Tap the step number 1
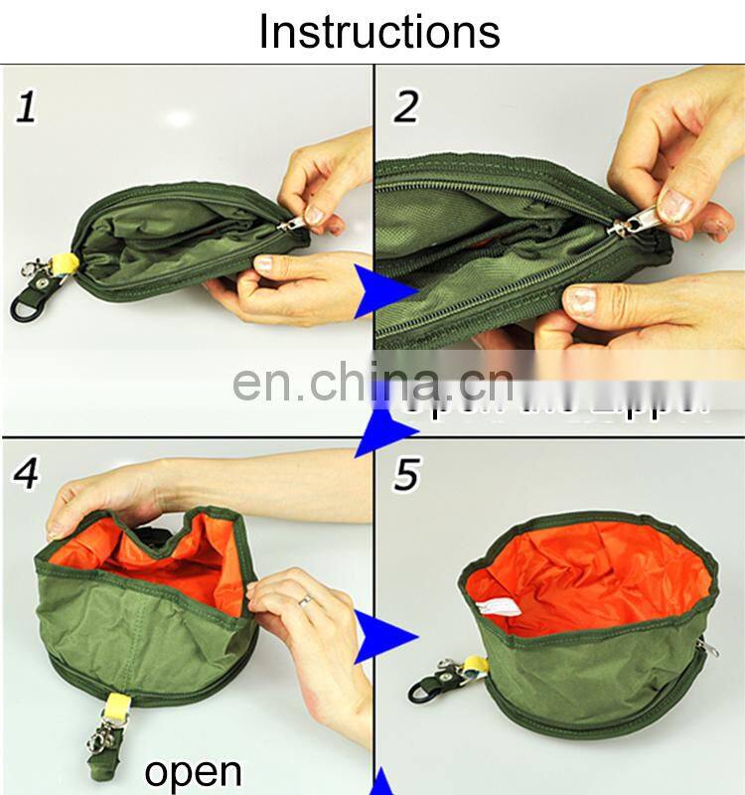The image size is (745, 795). [x=25, y=105]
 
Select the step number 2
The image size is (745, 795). [x=404, y=105]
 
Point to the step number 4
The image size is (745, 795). [x=25, y=473]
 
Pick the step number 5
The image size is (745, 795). [x=404, y=475]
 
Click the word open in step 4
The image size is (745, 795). [x=193, y=771]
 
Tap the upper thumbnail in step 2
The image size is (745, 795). [x=675, y=206]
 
